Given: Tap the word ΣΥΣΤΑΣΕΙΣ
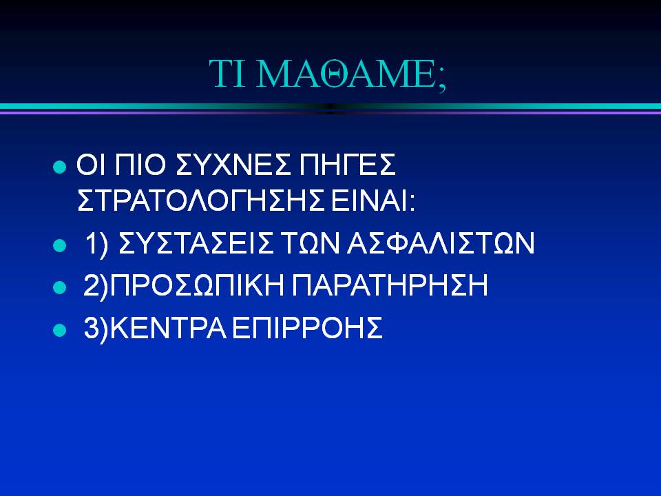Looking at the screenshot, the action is pyautogui.click(x=196, y=243).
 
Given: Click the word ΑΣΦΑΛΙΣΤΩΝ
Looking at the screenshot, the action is pyautogui.click(x=441, y=243).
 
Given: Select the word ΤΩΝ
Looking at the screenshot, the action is pyautogui.click(x=311, y=243).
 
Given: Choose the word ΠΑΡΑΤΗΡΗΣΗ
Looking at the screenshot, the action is pyautogui.click(x=390, y=285).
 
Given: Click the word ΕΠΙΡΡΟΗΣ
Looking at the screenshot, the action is pyautogui.click(x=307, y=328).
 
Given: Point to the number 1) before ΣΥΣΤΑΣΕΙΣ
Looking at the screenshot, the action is pyautogui.click(x=96, y=244).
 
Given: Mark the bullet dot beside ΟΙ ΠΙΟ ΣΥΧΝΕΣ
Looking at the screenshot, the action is pyautogui.click(x=60, y=167).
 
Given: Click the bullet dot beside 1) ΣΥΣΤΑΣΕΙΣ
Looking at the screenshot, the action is pyautogui.click(x=60, y=245).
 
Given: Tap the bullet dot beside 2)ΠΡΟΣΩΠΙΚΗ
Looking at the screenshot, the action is pyautogui.click(x=60, y=288).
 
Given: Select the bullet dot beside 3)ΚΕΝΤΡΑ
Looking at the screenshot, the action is pyautogui.click(x=60, y=330).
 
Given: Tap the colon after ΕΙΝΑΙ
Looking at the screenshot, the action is pyautogui.click(x=412, y=203).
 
